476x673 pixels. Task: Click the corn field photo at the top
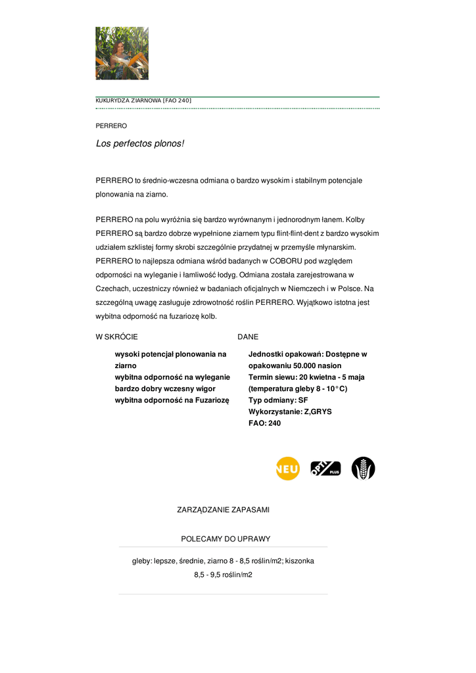click(x=122, y=53)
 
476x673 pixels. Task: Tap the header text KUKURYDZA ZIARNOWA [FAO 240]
click(x=143, y=101)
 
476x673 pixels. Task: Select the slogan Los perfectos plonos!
click(x=140, y=143)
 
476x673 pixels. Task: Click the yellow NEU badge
click(x=287, y=469)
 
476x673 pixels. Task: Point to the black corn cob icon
click(x=363, y=469)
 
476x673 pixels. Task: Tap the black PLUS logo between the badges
click(x=325, y=469)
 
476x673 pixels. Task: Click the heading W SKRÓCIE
click(x=117, y=336)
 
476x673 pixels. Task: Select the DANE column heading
click(x=248, y=336)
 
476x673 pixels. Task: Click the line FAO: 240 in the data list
click(x=264, y=423)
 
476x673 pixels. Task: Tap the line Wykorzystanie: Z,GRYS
click(x=290, y=411)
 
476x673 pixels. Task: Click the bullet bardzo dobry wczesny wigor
click(x=165, y=388)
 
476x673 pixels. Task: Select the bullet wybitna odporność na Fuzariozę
click(x=172, y=400)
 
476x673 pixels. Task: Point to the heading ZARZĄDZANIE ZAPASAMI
click(x=223, y=509)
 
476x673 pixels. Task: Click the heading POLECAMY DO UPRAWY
click(x=226, y=539)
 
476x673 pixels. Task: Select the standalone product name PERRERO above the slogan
click(x=111, y=126)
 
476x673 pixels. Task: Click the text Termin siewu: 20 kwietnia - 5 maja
click(x=306, y=377)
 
